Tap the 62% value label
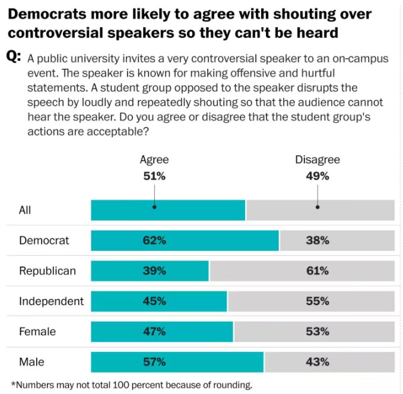pos(154,240)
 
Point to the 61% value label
pos(318,271)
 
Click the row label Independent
pos(51,301)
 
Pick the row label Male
pos(31,361)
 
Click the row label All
pos(25,210)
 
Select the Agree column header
pos(154,160)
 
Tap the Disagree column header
pos(318,160)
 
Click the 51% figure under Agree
pos(154,176)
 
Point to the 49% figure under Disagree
pos(318,176)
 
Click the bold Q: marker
pos(14,57)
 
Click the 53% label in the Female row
pos(318,331)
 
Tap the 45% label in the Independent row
pos(154,301)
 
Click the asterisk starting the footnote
pos(13,383)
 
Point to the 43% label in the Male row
pos(318,361)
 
